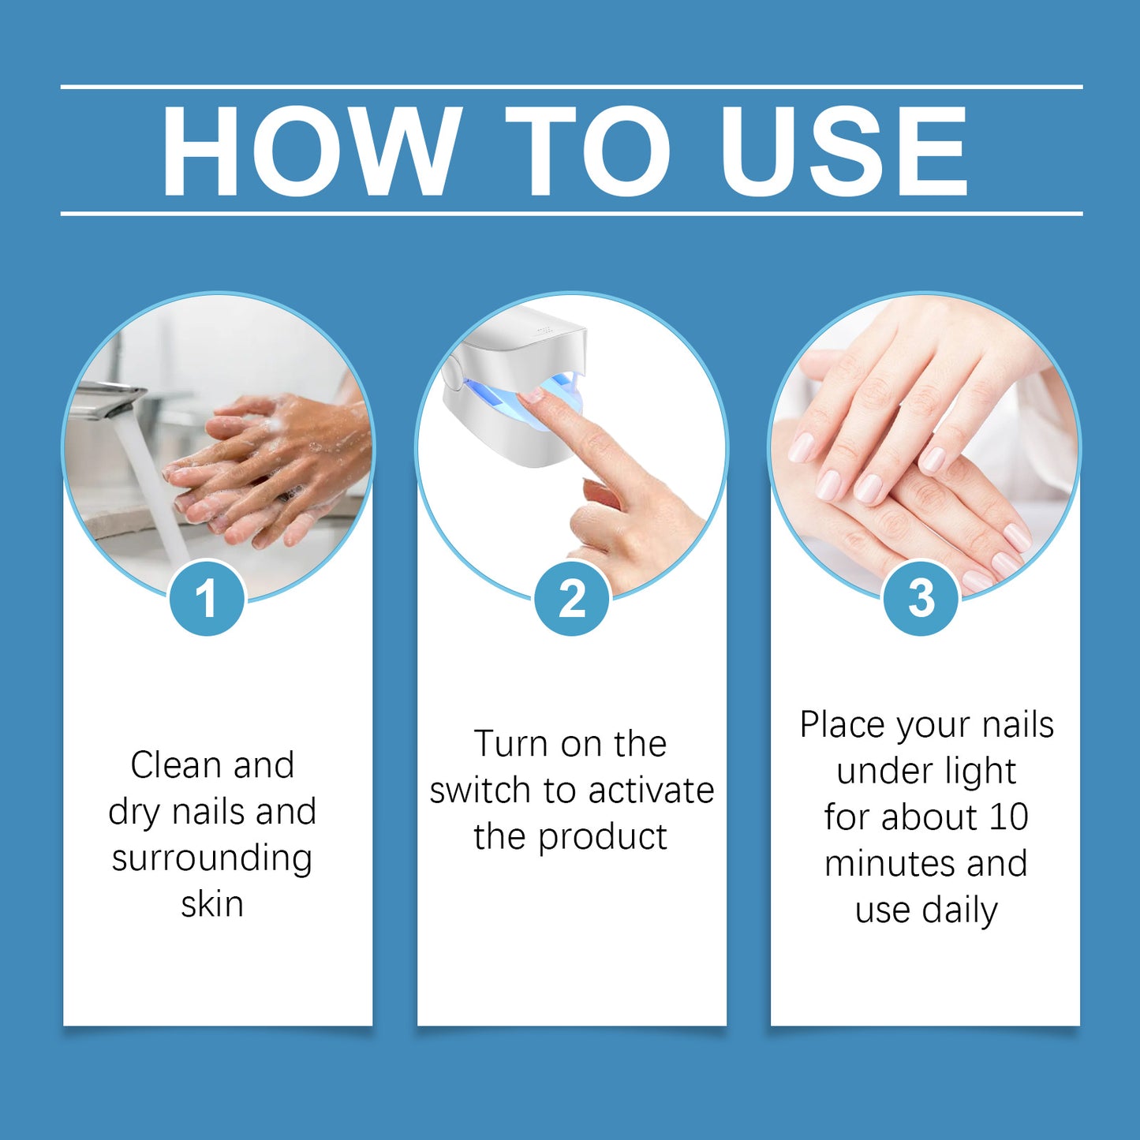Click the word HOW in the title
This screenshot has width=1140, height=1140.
[311, 151]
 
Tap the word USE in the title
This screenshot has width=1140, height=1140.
[843, 151]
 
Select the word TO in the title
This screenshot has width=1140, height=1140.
[587, 151]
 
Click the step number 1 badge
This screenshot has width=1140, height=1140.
[207, 598]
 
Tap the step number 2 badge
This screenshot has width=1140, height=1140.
[572, 598]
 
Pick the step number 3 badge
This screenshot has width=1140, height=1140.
[921, 598]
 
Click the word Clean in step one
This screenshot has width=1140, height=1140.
[175, 765]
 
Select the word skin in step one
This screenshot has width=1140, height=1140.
[212, 905]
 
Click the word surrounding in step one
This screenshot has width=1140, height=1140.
[212, 859]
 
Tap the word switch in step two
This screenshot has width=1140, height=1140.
[480, 791]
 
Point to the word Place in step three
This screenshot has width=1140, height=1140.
[842, 725]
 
